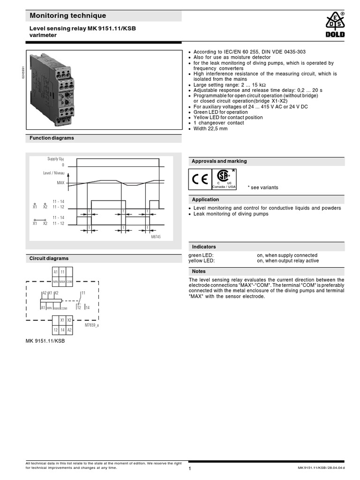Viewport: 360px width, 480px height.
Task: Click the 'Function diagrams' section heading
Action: click(x=52, y=138)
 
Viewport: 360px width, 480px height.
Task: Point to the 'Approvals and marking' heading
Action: click(x=219, y=161)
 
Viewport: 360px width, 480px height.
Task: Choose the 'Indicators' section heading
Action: click(x=204, y=247)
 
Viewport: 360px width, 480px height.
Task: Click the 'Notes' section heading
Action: click(x=199, y=271)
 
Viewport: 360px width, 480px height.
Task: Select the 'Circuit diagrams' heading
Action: click(x=49, y=258)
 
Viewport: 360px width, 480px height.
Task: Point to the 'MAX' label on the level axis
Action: click(x=60, y=183)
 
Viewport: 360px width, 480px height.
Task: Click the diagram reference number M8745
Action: click(x=155, y=237)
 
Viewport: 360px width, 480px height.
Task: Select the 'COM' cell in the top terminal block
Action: click(x=69, y=281)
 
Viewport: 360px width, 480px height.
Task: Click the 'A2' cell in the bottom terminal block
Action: click(x=69, y=330)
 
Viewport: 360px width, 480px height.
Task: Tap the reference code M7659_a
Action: click(x=91, y=325)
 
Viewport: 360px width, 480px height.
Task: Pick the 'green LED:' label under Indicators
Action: click(x=201, y=255)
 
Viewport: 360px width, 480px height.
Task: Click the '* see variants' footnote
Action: click(x=262, y=187)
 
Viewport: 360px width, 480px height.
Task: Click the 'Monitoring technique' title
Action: click(x=68, y=16)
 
